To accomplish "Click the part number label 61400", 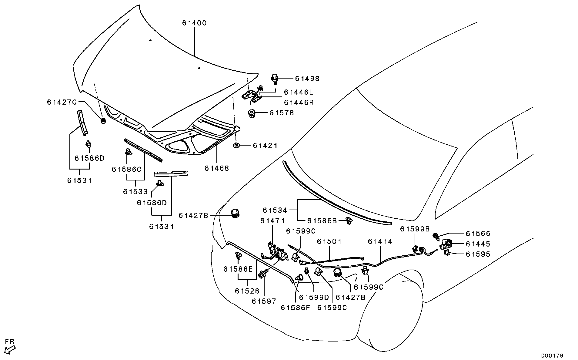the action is pyautogui.click(x=194, y=23).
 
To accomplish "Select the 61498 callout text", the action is pyautogui.click(x=307, y=79).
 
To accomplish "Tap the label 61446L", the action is pyautogui.click(x=299, y=92).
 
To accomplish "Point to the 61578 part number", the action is pyautogui.click(x=282, y=113).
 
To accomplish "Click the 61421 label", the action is pyautogui.click(x=265, y=146).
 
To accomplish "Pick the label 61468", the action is pyautogui.click(x=217, y=168).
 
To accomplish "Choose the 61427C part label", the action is pyautogui.click(x=62, y=102).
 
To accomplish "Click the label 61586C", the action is pyautogui.click(x=127, y=169).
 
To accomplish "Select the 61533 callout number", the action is pyautogui.click(x=135, y=192).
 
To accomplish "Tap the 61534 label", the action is pyautogui.click(x=275, y=210).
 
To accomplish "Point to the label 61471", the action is pyautogui.click(x=272, y=221).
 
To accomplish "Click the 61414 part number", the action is pyautogui.click(x=380, y=241).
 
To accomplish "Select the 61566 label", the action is pyautogui.click(x=478, y=234).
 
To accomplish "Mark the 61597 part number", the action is pyautogui.click(x=264, y=301).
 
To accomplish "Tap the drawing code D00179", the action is pyautogui.click(x=553, y=355).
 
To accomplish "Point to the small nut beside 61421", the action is pyautogui.click(x=236, y=145).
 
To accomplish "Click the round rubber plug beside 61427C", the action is pyautogui.click(x=103, y=121).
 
